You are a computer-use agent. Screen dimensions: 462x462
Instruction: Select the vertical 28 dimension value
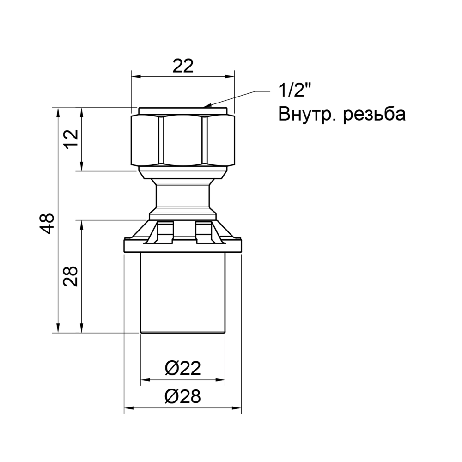point(71,276)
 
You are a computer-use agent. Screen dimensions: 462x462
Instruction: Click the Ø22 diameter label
point(182,369)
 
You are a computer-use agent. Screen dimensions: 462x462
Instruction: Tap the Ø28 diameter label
point(182,396)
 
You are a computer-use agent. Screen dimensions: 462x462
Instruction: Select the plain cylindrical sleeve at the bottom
point(183,291)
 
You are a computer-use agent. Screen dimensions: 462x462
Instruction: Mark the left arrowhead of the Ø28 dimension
point(128,408)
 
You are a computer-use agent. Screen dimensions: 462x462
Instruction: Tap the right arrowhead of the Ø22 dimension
point(223,380)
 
